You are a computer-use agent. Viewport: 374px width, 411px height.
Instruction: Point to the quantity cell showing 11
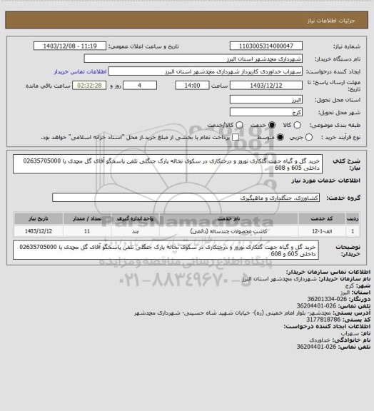point(87,231)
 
